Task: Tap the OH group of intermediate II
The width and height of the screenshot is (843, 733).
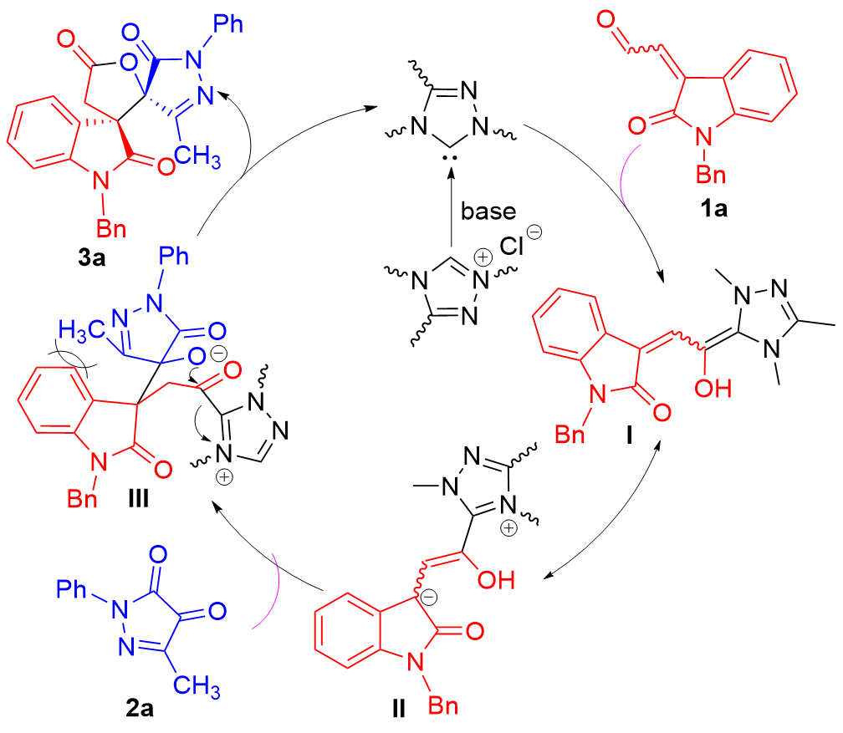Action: pos(498,578)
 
